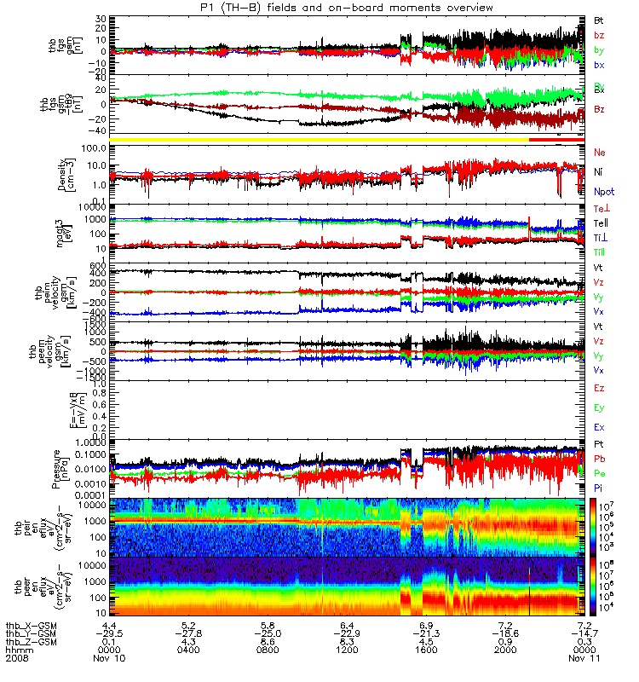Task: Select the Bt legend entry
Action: click(x=599, y=19)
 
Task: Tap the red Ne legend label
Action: click(x=600, y=152)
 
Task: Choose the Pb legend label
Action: click(x=600, y=459)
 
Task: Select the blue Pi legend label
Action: click(x=599, y=487)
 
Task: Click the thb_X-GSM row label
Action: click(x=32, y=626)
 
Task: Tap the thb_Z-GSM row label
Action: click(x=32, y=642)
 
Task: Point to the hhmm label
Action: click(x=19, y=650)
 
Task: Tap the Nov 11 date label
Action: click(x=584, y=659)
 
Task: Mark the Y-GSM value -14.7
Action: click(x=584, y=634)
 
